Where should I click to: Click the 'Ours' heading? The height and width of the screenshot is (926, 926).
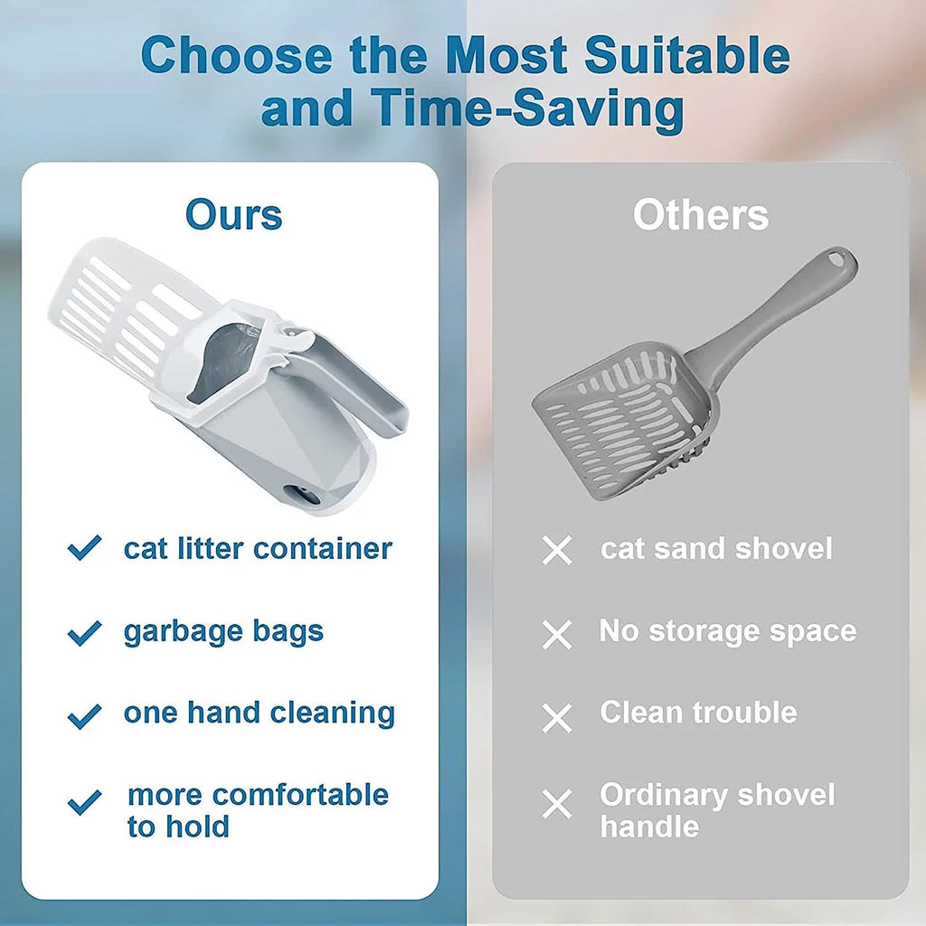coord(233,215)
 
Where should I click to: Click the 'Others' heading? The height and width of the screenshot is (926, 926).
coord(701,215)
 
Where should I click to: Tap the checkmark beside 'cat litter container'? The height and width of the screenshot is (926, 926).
coord(84,548)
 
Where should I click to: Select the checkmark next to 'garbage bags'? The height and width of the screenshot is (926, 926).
coord(84,632)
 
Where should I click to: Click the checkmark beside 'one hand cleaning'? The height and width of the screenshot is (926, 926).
coord(84,716)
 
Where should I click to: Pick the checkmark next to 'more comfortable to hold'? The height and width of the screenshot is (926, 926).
coord(84,802)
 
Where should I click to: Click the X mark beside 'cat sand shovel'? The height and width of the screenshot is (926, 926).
coord(557,550)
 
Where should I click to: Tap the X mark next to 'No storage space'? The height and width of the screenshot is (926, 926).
coord(557,635)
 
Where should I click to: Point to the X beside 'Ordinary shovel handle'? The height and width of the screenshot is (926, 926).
coord(557,804)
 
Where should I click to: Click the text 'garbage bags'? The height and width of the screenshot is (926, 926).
coord(223,631)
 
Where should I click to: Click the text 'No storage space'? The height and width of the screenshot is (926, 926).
coord(728,631)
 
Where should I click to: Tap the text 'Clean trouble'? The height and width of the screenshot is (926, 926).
coord(698,713)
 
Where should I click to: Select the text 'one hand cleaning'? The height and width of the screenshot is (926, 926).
coord(260,713)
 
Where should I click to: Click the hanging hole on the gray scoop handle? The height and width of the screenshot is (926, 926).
coord(844,262)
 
